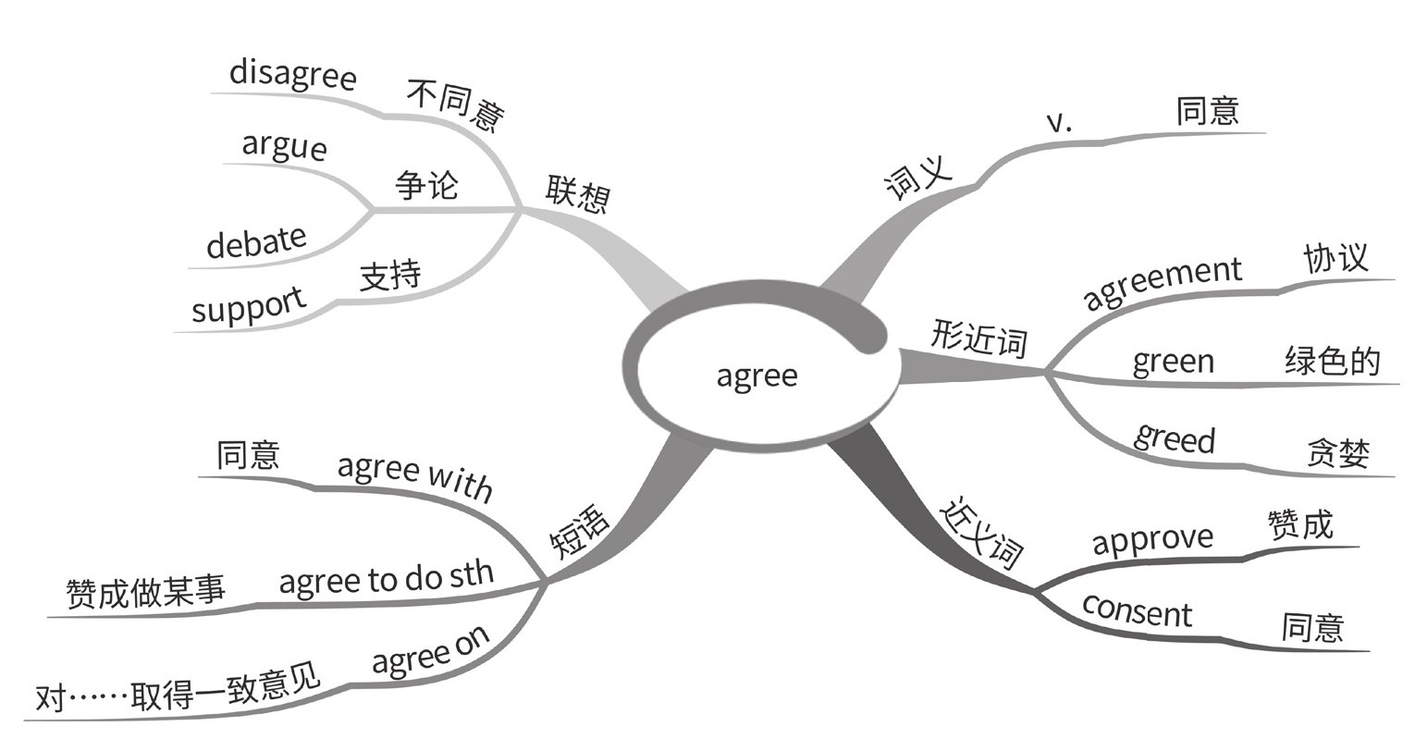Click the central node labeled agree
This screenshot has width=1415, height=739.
click(x=757, y=376)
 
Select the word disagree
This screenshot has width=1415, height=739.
click(x=292, y=74)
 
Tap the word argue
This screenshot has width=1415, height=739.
click(x=284, y=146)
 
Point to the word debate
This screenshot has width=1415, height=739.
click(x=256, y=242)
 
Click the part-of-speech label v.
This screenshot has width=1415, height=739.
click(x=1058, y=122)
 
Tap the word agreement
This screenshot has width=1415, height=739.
click(x=1162, y=282)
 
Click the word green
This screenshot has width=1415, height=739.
click(x=1173, y=360)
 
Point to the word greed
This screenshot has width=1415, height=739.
click(x=1174, y=437)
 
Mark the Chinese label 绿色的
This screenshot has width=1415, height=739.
click(x=1331, y=360)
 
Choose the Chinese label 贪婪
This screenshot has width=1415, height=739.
click(x=1337, y=453)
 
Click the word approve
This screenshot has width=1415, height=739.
click(x=1152, y=538)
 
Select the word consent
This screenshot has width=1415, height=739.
click(x=1137, y=611)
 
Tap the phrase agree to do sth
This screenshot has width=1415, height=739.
click(x=386, y=578)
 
